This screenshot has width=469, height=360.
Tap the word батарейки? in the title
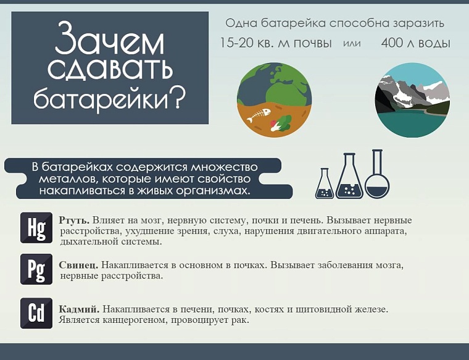click(x=110, y=98)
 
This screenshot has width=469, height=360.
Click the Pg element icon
click(x=36, y=269)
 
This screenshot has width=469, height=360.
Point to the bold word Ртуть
click(x=74, y=220)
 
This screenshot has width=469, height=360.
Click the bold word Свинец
click(x=78, y=265)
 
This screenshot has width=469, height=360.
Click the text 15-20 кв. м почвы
click(x=276, y=43)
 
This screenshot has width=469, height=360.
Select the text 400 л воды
click(x=415, y=43)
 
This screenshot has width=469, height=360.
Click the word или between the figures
click(x=351, y=44)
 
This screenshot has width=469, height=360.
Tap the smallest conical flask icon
click(x=325, y=185)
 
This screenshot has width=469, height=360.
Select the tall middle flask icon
click(x=349, y=178)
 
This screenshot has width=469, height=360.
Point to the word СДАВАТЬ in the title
click(x=110, y=70)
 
